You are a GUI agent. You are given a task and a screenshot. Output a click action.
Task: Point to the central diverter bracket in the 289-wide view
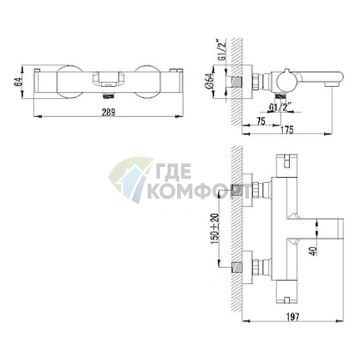[107, 78]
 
